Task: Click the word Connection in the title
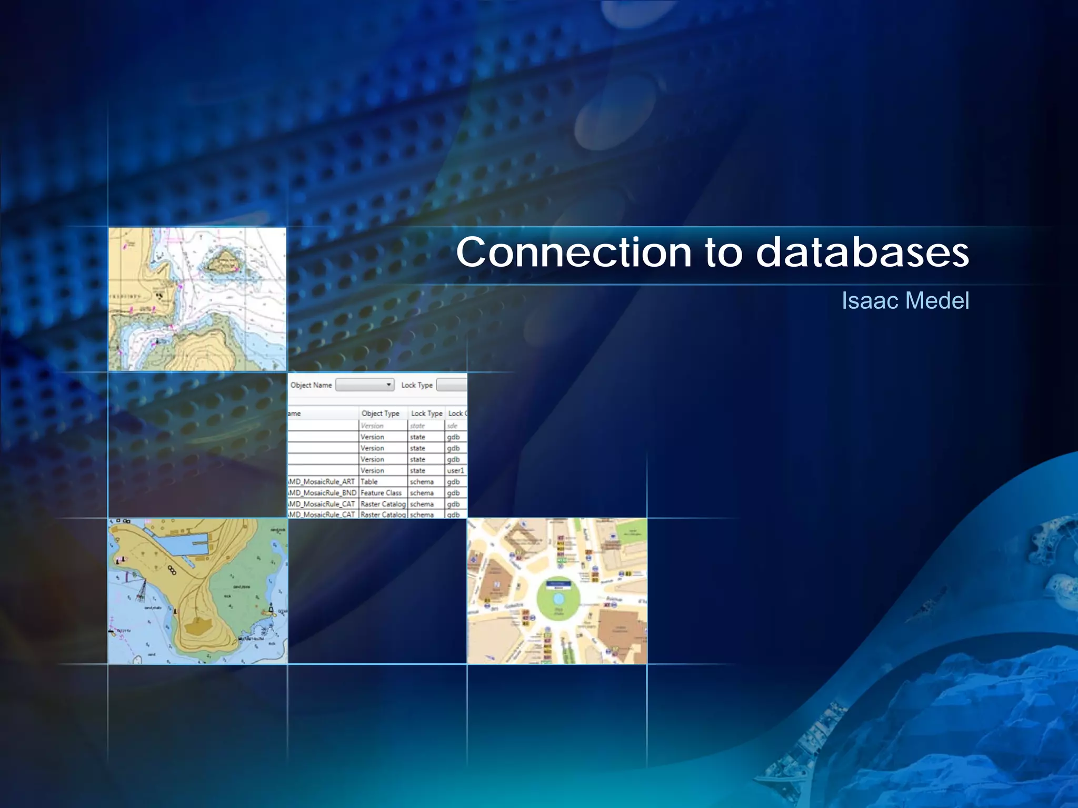click(x=573, y=252)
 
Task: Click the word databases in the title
click(x=862, y=252)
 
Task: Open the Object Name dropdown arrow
click(x=388, y=385)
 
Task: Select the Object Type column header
click(x=380, y=413)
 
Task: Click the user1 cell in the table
click(x=455, y=471)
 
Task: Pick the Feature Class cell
click(x=381, y=493)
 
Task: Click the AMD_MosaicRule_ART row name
click(x=322, y=482)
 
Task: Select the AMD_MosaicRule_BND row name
click(x=322, y=493)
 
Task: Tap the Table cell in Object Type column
click(x=369, y=482)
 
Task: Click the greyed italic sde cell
click(x=452, y=426)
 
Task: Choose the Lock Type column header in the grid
click(x=426, y=413)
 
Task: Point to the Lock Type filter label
click(x=417, y=385)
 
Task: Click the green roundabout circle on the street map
click(x=558, y=610)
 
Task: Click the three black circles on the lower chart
click(x=172, y=570)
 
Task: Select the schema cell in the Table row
click(x=422, y=482)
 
